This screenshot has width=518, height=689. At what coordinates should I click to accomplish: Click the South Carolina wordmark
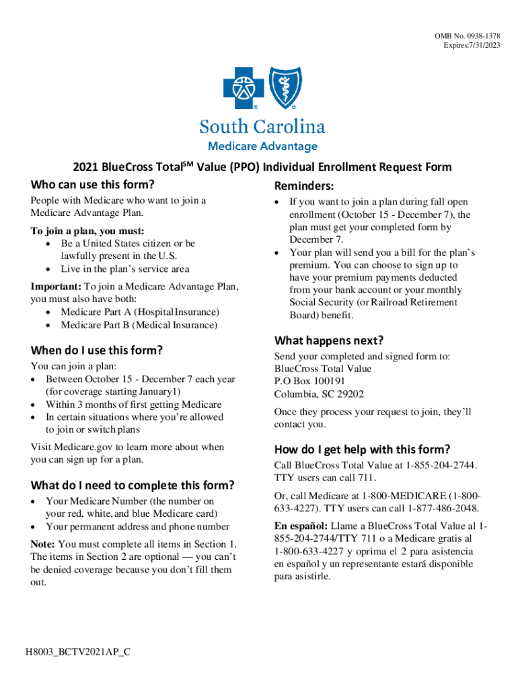[x=262, y=127]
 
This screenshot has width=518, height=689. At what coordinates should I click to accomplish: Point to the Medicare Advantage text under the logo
[x=262, y=146]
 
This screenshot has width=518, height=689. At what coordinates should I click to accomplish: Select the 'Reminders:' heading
[x=305, y=186]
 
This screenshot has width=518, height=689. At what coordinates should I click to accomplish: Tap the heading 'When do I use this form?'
[x=97, y=350]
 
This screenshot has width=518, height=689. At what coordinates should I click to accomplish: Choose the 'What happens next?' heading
[x=329, y=340]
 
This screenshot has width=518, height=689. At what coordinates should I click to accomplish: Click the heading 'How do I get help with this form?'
[x=362, y=449]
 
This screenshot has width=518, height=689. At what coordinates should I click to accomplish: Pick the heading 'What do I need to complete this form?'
[x=133, y=485]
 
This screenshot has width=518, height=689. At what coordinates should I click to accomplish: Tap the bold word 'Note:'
[x=43, y=544]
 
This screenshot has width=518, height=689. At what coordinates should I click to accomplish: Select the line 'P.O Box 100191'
[x=309, y=382]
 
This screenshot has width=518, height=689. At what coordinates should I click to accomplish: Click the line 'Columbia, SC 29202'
[x=319, y=394]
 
